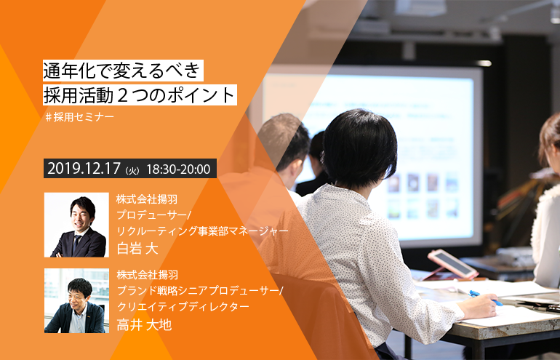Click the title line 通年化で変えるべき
[x=123, y=71]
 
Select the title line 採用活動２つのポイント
[x=140, y=95]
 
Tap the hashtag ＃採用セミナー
[x=79, y=117]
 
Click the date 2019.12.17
[x=84, y=169]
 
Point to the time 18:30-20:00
[x=178, y=169]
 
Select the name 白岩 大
[x=137, y=249]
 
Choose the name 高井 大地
[x=144, y=324]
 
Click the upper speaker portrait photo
[x=77, y=225]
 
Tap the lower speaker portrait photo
[x=77, y=300]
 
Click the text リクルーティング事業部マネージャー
[x=202, y=231]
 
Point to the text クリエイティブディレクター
[x=183, y=307]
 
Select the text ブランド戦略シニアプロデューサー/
[x=200, y=291]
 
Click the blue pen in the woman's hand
[x=486, y=298]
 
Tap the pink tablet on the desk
[x=453, y=263]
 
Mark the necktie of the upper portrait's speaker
[x=76, y=244]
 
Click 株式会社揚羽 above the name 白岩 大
[x=147, y=199]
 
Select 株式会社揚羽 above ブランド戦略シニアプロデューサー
[x=147, y=275]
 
